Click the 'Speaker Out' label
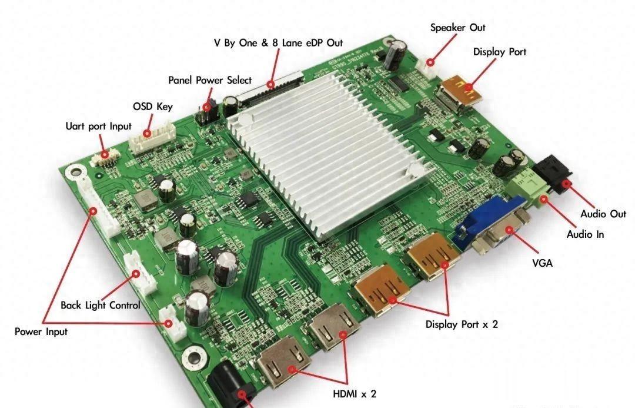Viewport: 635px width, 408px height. tap(457, 28)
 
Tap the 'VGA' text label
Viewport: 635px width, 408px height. tap(542, 263)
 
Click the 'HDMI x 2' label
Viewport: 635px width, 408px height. tap(355, 394)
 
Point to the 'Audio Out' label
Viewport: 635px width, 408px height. tap(603, 214)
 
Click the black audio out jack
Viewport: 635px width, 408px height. tap(552, 175)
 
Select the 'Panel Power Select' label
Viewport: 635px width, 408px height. tap(210, 80)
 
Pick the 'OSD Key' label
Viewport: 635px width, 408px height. tap(153, 106)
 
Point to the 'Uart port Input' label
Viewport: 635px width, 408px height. tap(98, 126)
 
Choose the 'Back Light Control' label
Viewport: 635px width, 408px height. tap(101, 306)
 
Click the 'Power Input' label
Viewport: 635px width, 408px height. tap(41, 331)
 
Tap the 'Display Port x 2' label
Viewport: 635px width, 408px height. tap(462, 324)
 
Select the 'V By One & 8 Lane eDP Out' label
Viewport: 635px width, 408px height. tap(278, 43)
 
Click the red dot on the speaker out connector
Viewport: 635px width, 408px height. tap(430, 62)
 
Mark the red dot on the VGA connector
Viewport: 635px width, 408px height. tap(509, 230)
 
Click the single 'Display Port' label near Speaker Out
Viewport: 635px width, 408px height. tap(500, 52)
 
